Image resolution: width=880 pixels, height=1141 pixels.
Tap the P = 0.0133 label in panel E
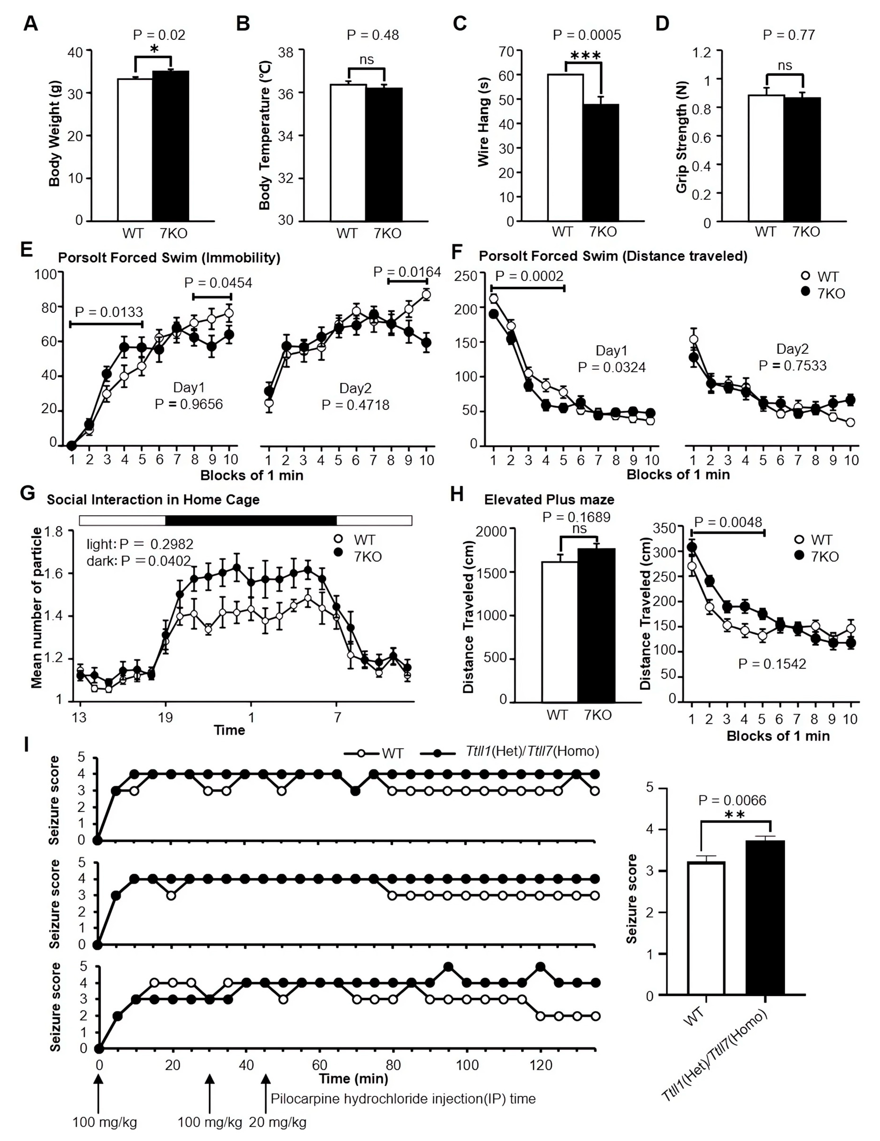[x=109, y=312]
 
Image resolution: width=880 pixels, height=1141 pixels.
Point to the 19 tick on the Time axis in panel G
[x=165, y=717]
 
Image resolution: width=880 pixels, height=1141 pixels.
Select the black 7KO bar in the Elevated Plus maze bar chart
[x=596, y=624]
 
